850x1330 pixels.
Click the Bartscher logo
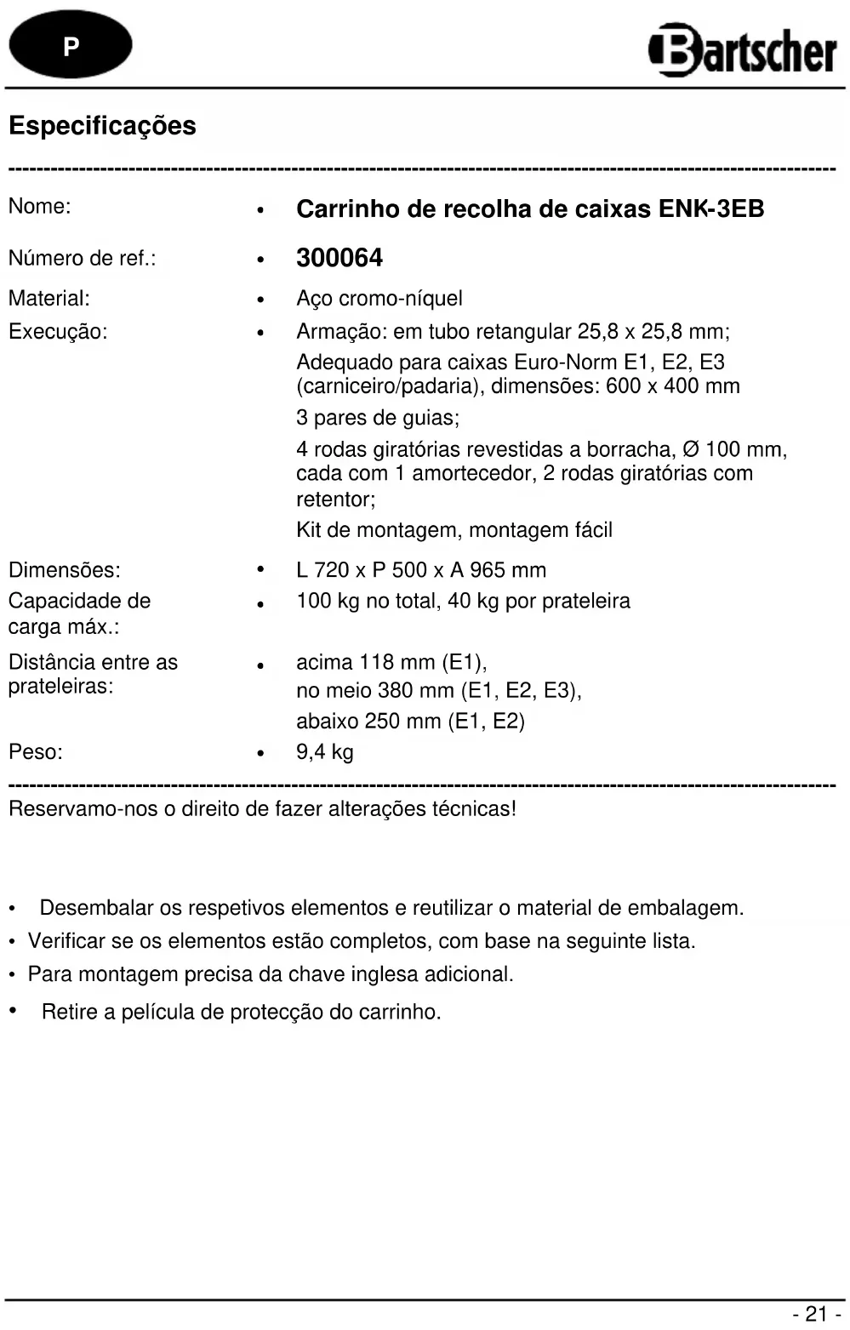743,49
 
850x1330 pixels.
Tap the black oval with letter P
71,45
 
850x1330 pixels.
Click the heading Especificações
102,126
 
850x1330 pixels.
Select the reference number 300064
339,258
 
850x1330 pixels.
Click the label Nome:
39,206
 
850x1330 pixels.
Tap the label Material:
48,299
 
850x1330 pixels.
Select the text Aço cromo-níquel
379,299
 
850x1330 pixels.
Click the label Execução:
58,332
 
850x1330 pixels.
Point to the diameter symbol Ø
691,449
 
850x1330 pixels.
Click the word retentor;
335,499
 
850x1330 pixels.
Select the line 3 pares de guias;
378,418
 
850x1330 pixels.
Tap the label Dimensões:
65,570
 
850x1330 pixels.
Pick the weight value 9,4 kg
325,752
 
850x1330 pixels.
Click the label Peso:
36,752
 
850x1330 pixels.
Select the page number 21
816,1314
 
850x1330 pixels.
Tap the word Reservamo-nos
83,809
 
